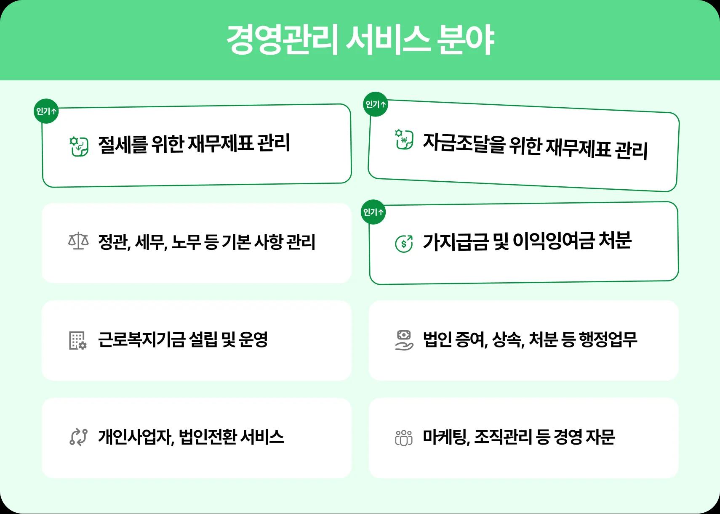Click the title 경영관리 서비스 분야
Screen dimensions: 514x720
(x=360, y=40)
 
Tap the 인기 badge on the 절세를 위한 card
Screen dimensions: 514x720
(x=46, y=111)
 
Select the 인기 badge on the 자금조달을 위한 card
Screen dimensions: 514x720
(x=376, y=104)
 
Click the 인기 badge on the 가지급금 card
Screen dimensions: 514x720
(x=373, y=212)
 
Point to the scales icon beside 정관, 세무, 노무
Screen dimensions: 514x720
(x=78, y=242)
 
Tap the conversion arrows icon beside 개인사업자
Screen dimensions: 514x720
(x=78, y=437)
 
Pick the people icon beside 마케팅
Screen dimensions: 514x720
(x=404, y=437)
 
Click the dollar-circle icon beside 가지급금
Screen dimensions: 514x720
(x=404, y=243)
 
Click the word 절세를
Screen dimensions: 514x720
(x=123, y=144)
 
